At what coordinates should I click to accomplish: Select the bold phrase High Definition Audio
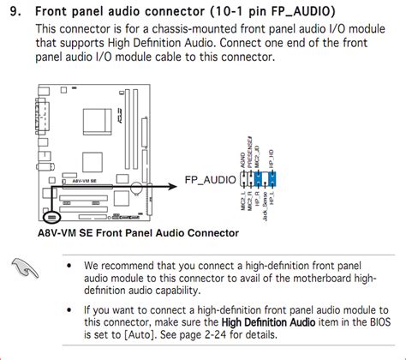tap(270, 321)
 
